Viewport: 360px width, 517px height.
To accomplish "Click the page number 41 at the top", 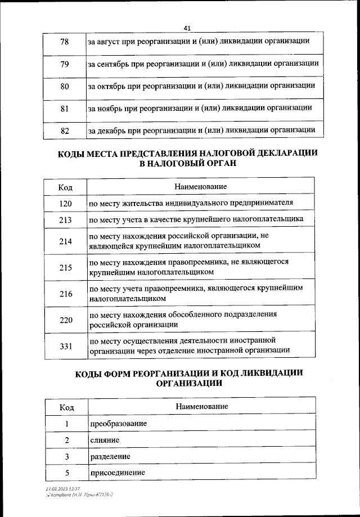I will [187, 28].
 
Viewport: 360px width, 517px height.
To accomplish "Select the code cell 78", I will [64, 42].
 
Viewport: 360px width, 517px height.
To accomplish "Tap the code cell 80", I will [64, 86].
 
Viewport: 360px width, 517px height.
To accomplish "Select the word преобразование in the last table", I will [118, 424].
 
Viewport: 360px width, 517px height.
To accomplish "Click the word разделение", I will [110, 456].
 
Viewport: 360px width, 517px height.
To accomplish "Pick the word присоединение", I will [117, 473].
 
